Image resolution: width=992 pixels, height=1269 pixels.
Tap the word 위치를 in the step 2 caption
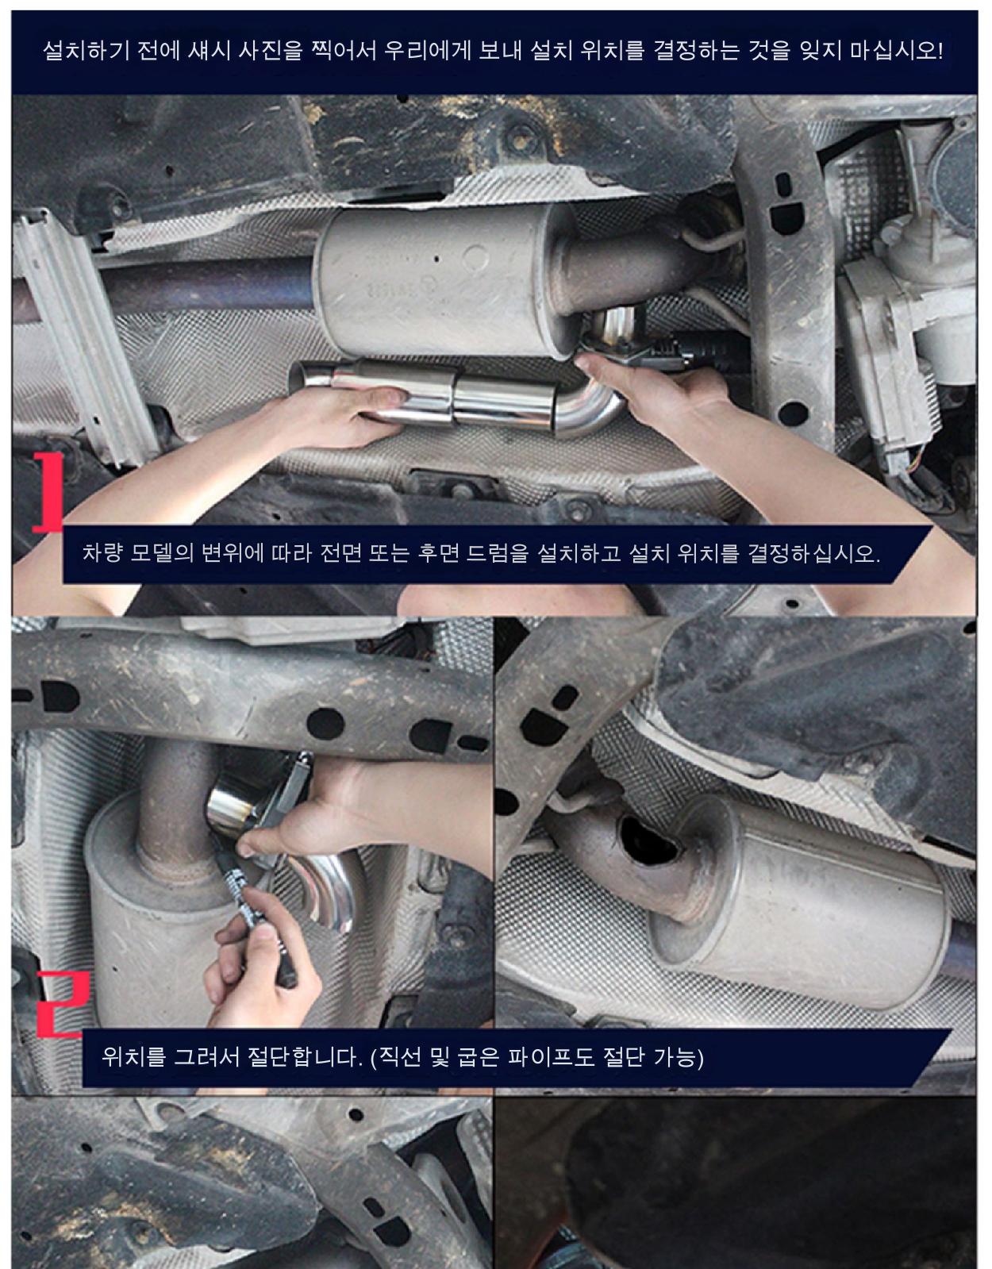(x=133, y=1056)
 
